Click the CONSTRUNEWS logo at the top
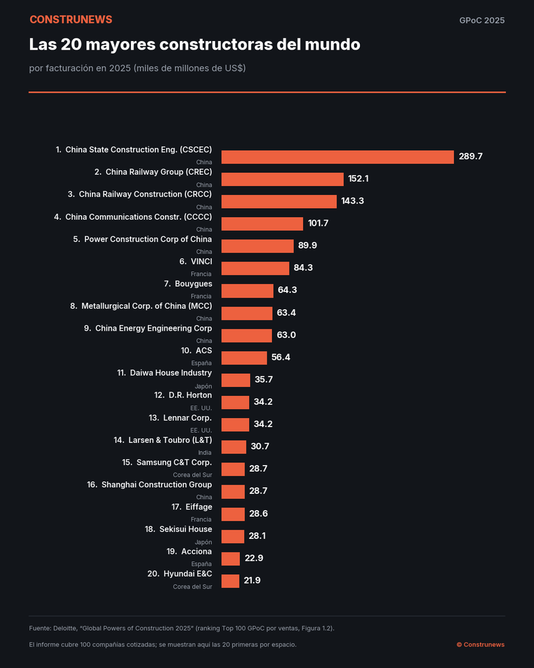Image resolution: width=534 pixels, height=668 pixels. pos(70,20)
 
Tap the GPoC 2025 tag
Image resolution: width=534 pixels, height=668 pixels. pos(482,20)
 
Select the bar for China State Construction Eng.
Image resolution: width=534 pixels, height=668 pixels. pos(338,157)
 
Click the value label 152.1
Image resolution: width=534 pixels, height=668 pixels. pos(358,179)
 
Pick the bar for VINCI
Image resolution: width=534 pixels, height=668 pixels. pos(255,268)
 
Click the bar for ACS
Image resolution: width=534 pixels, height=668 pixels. pos(244,358)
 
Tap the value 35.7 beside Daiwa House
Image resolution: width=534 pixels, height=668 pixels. pos(263,380)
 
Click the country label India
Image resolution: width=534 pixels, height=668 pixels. pos(205,453)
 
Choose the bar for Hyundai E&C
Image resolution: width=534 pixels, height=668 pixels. pos(230,581)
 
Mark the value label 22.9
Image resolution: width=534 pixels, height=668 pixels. pos(254,558)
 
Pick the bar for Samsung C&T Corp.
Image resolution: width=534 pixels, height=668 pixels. pos(233,469)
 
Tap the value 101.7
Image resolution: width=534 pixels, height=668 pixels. pos(318,223)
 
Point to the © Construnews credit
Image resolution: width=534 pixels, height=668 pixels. pos(481,645)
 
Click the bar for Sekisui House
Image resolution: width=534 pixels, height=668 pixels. pos(233,536)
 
